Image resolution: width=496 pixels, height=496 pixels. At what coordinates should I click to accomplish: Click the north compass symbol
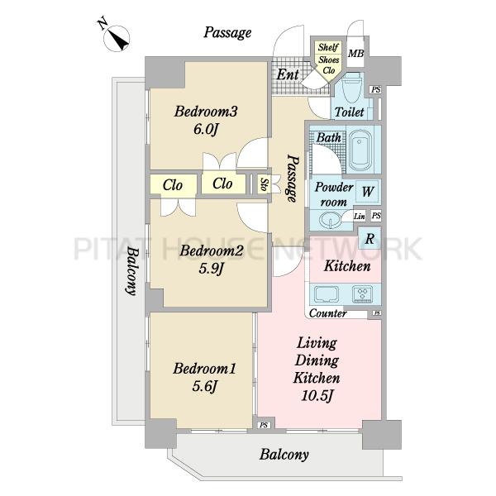coord(117,36)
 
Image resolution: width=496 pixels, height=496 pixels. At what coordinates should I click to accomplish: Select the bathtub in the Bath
coord(360,150)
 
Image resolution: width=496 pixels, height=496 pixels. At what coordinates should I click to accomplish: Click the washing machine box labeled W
coord(367,192)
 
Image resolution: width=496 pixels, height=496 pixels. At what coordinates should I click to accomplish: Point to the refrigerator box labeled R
coord(370,238)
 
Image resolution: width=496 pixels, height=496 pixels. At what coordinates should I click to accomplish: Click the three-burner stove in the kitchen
coord(362,293)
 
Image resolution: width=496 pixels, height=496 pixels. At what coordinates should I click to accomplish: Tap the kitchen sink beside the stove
coord(327,293)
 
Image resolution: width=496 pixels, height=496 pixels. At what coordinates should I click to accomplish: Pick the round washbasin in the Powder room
coord(330,220)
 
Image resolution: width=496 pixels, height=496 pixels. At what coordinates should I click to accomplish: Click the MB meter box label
coord(355,54)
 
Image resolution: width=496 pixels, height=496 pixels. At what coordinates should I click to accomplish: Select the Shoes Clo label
coord(329,64)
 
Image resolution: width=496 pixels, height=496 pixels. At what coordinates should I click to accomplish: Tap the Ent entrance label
coord(288,74)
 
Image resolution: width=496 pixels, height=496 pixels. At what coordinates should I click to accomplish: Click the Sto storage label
coord(264,184)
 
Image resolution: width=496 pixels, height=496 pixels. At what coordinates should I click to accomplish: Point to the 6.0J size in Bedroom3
coord(206,129)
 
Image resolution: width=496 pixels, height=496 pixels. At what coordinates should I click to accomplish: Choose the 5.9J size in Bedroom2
coord(212,269)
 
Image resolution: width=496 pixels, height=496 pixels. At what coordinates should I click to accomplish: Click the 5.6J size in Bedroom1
coord(205,386)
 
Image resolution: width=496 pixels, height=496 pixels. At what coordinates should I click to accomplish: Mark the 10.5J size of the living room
coord(317,395)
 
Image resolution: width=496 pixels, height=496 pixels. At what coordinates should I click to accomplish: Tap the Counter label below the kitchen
coord(327,313)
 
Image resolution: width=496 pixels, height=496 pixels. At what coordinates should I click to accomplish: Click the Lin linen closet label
coord(359,217)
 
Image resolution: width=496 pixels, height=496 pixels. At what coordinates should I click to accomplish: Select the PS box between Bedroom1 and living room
coord(264,426)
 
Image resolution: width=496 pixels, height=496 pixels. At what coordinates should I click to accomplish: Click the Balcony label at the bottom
coord(284,455)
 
